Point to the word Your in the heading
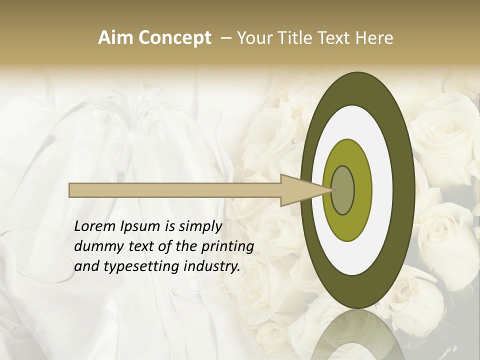255,38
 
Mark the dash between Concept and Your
225,38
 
